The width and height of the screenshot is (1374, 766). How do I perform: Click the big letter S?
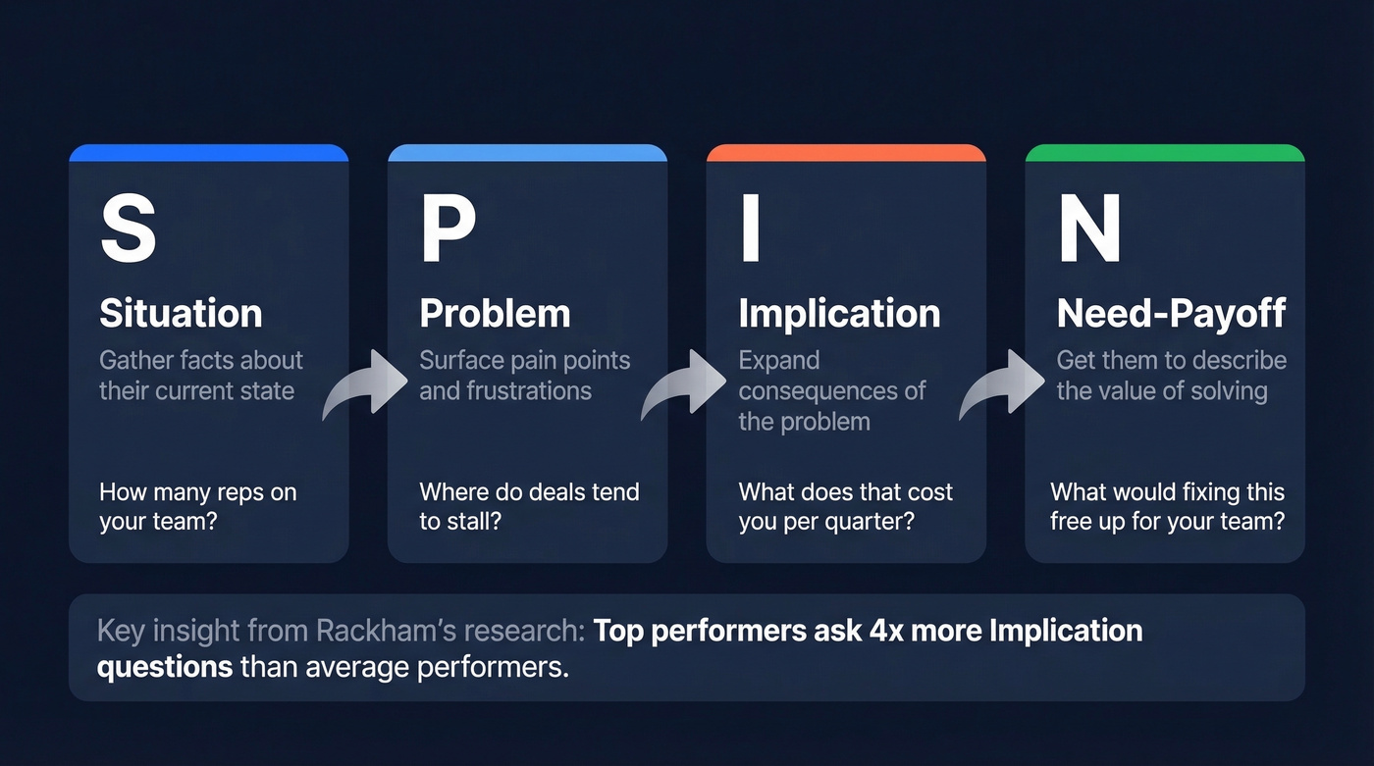point(129,230)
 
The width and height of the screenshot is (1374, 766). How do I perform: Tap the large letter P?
point(448,230)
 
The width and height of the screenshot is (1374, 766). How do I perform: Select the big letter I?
point(750,230)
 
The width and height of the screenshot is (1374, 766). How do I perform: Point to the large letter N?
point(1089,230)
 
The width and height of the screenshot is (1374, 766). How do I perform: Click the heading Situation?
point(181,313)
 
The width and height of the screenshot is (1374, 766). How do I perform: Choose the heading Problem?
point(495,313)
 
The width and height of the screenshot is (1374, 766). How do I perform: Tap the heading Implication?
point(839,313)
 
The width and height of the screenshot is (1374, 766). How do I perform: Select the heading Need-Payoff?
point(1171,313)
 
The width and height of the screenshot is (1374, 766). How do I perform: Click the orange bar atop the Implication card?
point(846,153)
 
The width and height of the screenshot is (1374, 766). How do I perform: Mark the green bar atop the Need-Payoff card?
point(1165,153)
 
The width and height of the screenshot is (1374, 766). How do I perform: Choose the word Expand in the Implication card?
point(778,360)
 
